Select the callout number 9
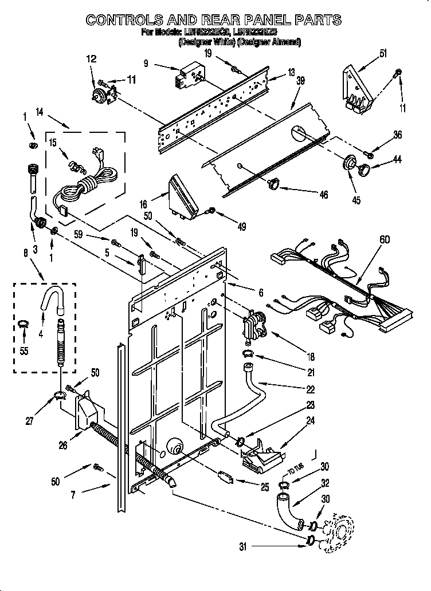(147, 65)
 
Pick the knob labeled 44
(362, 169)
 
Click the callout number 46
(324, 195)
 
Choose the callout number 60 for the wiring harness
(385, 239)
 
